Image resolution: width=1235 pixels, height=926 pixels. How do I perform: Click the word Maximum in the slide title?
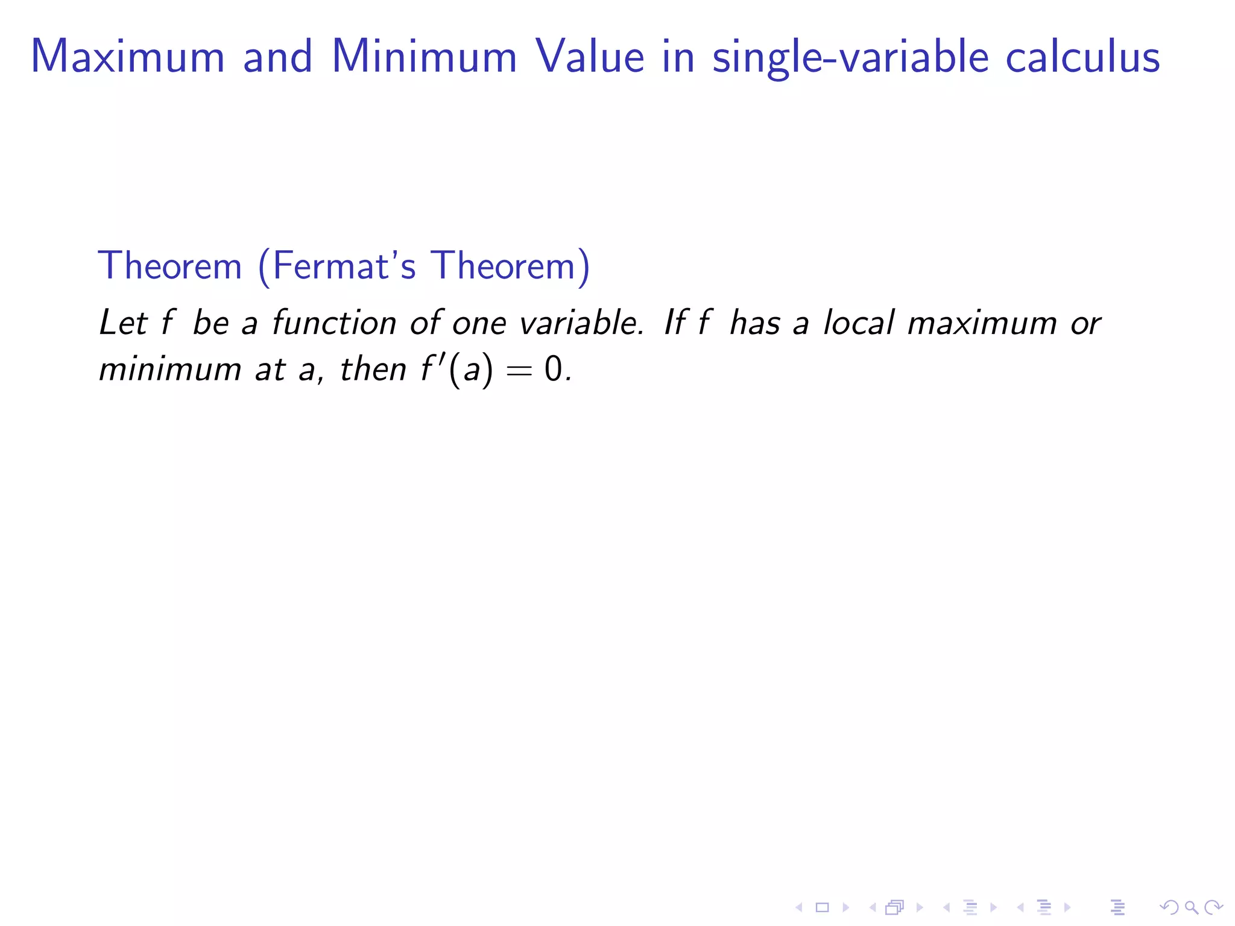coord(128,57)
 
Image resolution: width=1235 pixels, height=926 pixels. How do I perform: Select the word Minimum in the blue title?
coord(425,57)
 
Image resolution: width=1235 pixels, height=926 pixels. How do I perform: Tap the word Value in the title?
coord(590,57)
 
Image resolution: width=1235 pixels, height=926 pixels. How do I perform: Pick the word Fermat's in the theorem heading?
coord(344,265)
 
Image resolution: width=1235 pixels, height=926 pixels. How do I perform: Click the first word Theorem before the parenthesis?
coord(169,265)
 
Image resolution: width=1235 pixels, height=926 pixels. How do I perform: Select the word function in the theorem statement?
coord(333,323)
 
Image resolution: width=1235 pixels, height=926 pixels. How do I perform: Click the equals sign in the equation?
coord(519,370)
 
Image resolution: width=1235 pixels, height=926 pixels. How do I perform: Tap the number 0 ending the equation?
coord(553,369)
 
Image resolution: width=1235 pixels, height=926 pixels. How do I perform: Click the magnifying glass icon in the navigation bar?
coord(1191,907)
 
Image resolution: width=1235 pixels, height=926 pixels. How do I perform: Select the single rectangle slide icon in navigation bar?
coord(822,907)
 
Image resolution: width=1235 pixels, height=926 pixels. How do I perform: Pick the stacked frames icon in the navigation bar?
coord(894,907)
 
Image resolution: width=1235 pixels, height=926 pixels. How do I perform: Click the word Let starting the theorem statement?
coord(124,323)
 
